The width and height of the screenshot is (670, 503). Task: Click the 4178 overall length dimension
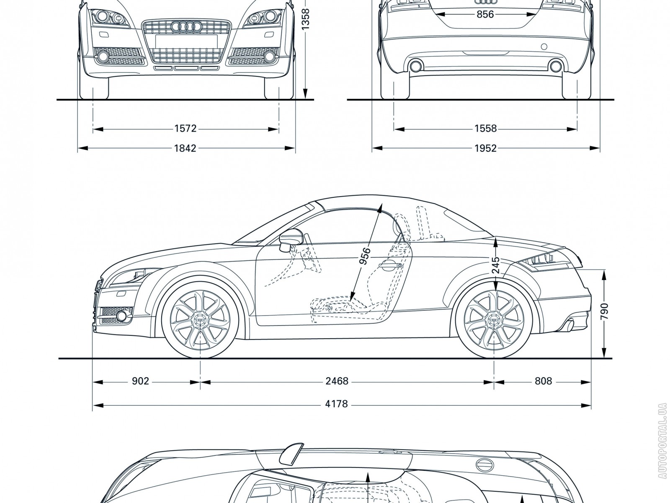pos(337,404)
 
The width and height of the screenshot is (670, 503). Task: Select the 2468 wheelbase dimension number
pos(337,381)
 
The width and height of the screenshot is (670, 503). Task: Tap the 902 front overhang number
pos(140,381)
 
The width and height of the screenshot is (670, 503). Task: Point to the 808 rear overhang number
pos(543,381)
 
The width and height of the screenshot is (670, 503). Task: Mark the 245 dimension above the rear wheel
pos(495,265)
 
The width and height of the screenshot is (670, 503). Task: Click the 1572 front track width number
pos(185,128)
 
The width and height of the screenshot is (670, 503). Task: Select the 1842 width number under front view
pos(185,148)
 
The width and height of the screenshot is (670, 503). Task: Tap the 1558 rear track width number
pos(485,128)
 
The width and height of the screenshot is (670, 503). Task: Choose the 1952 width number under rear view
pos(485,148)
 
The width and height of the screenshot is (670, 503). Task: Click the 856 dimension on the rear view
pos(485,14)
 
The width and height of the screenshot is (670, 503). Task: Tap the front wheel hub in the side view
pos(200,320)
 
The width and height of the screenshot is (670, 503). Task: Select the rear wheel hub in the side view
pos(495,320)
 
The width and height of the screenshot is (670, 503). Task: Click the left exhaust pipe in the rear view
pos(416,66)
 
